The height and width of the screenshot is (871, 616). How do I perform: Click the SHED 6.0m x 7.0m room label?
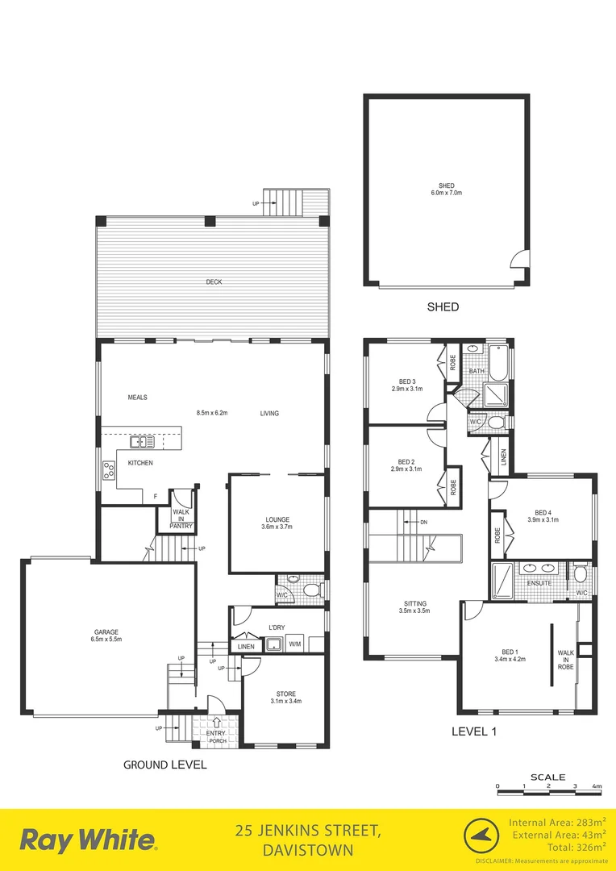[x=446, y=190]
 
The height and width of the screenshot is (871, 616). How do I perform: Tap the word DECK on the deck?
[x=213, y=281]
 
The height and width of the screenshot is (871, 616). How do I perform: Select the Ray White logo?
[x=88, y=840]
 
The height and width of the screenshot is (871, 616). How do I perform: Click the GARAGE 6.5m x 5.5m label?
[x=106, y=636]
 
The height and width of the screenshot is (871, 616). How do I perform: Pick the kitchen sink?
[x=144, y=442]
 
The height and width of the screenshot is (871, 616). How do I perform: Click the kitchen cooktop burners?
[x=108, y=470]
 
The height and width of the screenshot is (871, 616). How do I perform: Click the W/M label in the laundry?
[x=294, y=644]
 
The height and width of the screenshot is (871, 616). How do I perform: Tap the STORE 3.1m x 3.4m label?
[x=285, y=698]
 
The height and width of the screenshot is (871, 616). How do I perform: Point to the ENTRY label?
[x=216, y=732]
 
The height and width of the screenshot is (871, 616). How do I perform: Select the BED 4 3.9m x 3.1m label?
[x=542, y=516]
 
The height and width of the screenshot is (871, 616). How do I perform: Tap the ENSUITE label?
[x=539, y=582]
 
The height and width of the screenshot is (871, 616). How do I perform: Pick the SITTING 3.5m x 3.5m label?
[x=415, y=607]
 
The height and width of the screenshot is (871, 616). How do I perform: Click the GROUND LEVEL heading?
[x=164, y=765]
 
